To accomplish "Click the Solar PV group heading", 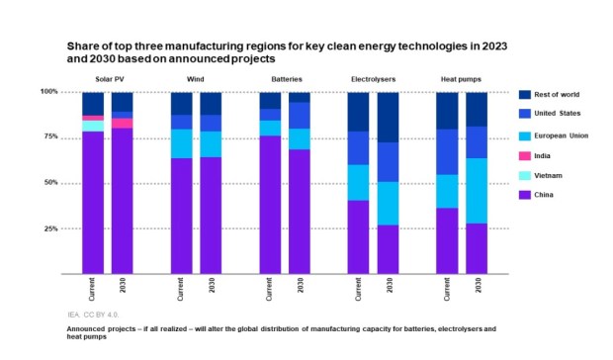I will pos(108,77).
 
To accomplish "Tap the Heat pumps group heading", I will pos(462,77).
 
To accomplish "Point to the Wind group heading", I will pos(196,77).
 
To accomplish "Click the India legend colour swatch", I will pos(526,155).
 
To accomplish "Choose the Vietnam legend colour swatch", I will pos(526,175).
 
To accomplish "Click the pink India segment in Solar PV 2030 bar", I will pos(123,123).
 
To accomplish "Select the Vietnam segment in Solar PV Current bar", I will pos(93,126).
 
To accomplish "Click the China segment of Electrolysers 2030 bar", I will pos(388,248).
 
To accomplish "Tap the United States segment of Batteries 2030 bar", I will pos(300,116).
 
